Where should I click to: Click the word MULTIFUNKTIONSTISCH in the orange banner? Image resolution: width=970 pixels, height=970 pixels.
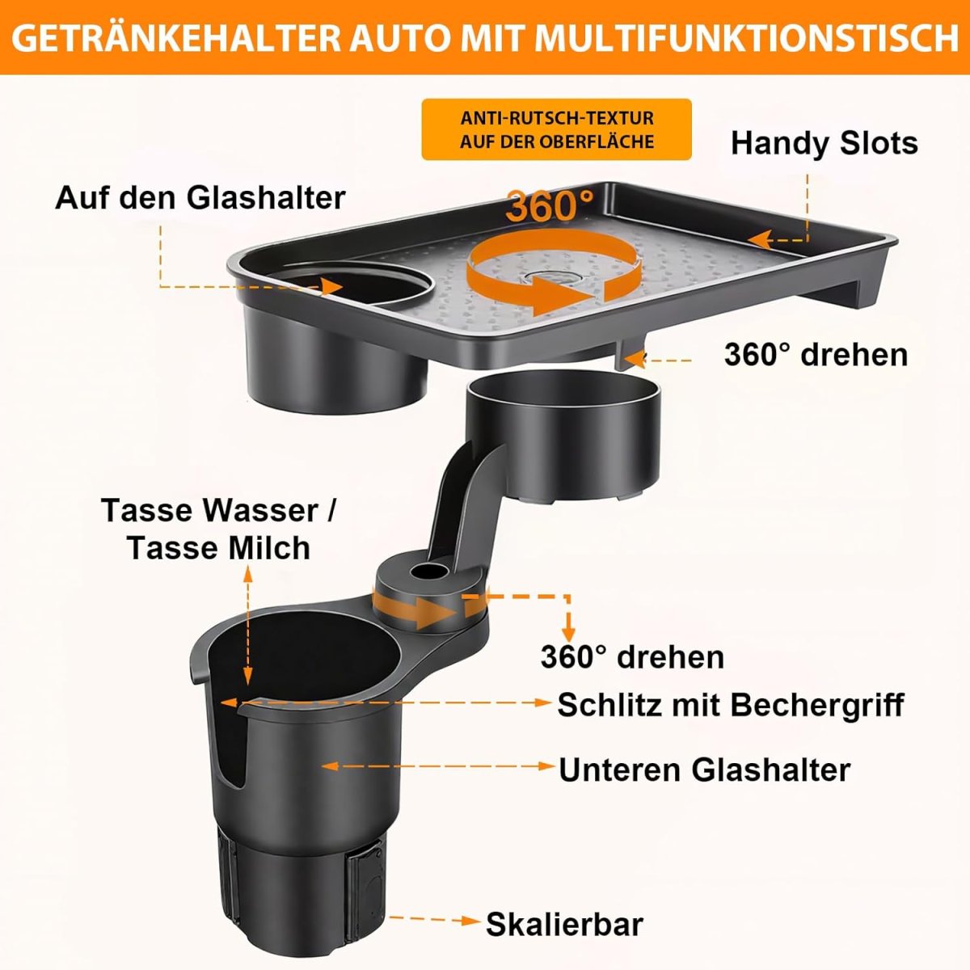pyautogui.click(x=747, y=39)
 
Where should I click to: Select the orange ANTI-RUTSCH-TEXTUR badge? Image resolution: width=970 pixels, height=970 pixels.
pyautogui.click(x=557, y=129)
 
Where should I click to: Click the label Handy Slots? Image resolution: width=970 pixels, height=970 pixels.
pyautogui.click(x=824, y=143)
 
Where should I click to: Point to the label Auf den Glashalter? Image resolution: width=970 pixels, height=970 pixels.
pyautogui.click(x=200, y=198)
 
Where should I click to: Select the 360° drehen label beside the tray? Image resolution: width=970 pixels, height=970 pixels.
pyautogui.click(x=816, y=355)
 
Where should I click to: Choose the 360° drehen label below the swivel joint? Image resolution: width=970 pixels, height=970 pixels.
pyautogui.click(x=632, y=657)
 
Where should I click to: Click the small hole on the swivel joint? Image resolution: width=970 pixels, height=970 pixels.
pyautogui.click(x=428, y=571)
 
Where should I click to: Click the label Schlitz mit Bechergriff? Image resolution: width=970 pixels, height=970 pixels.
pyautogui.click(x=731, y=705)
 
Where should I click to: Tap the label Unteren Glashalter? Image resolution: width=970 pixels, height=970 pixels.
pyautogui.click(x=705, y=770)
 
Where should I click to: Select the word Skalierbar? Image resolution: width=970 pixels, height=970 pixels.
pyautogui.click(x=564, y=925)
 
